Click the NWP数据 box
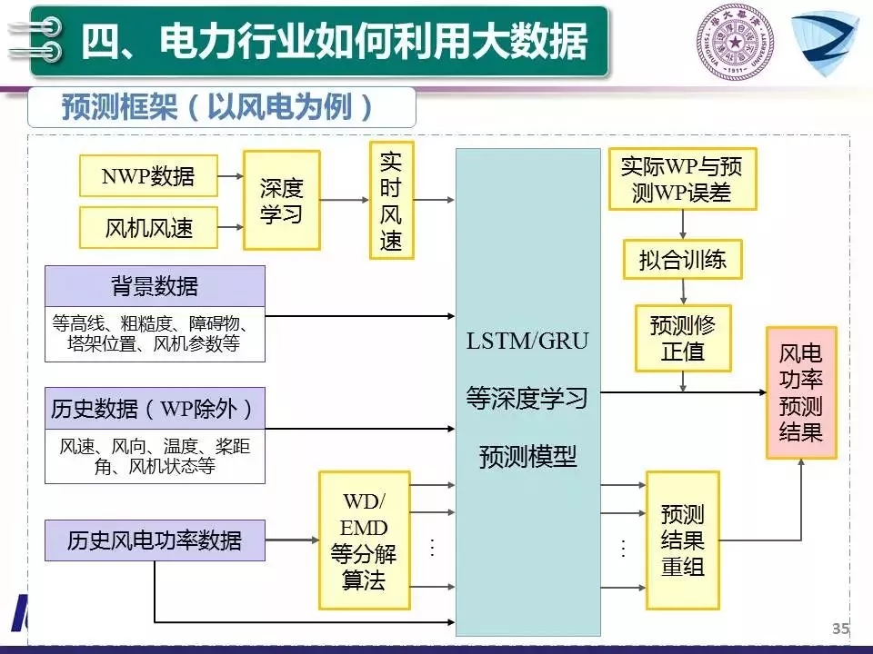(x=148, y=175)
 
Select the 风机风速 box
(x=148, y=227)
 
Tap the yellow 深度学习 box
(x=281, y=201)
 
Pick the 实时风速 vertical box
(x=391, y=201)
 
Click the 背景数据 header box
(x=155, y=287)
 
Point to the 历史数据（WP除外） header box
(x=155, y=408)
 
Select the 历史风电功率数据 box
(x=155, y=540)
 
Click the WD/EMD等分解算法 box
(x=364, y=540)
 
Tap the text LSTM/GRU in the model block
(x=527, y=342)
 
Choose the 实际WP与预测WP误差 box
(x=681, y=179)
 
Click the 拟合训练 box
(x=682, y=260)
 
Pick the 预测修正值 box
(x=682, y=338)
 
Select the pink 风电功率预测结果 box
(x=800, y=392)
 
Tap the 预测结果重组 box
(x=682, y=540)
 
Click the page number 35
(x=840, y=629)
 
